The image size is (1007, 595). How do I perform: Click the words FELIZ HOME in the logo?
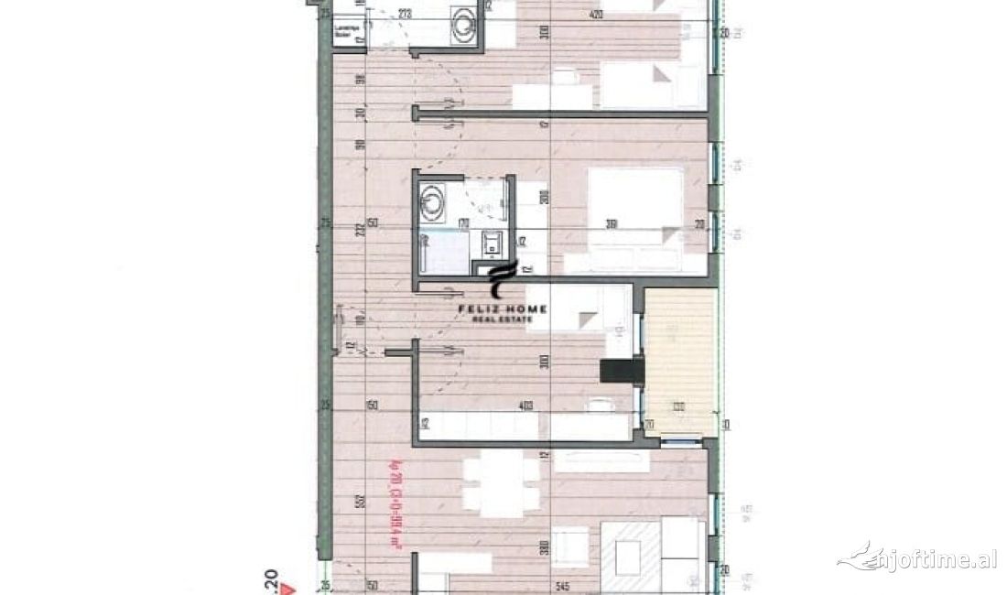click(503, 309)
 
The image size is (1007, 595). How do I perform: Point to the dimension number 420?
click(596, 14)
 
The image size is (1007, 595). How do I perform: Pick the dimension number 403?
click(525, 406)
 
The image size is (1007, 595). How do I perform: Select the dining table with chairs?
click(500, 485)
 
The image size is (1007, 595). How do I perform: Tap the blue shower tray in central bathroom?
click(443, 254)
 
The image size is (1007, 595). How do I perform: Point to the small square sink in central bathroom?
click(493, 242)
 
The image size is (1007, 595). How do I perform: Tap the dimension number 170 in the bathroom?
click(464, 222)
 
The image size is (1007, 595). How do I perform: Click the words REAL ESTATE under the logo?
click(503, 319)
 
